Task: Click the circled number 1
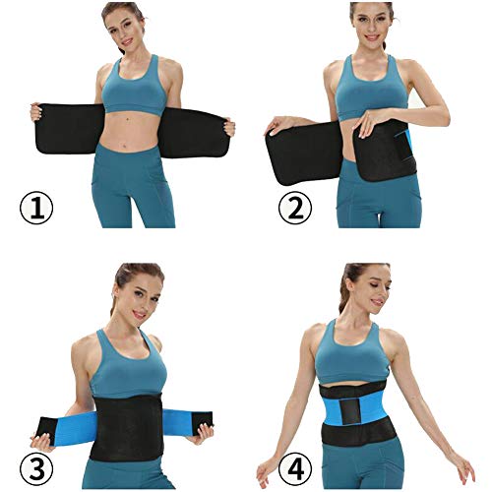click(37, 209)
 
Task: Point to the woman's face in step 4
click(362, 289)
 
